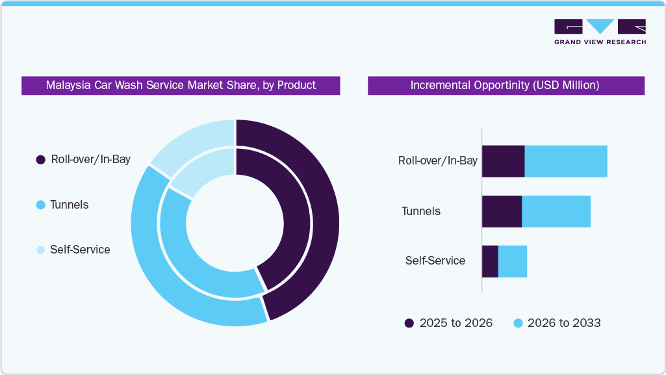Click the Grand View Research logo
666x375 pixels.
[600, 31]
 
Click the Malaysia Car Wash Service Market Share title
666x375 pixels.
[181, 85]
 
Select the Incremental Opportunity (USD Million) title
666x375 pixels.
[506, 85]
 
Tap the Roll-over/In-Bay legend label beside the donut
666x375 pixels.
[90, 159]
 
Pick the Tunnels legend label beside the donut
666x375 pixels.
[69, 205]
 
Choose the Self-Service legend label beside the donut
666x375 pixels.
[80, 250]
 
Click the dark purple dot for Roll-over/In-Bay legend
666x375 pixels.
[40, 160]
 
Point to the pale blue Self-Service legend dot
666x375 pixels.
[40, 250]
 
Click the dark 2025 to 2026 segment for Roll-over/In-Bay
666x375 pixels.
[503, 161]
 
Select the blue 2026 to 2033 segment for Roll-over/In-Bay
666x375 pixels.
[565, 161]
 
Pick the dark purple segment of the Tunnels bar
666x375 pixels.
[502, 211]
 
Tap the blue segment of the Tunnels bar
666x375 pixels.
[556, 211]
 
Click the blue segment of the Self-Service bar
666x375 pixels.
[512, 261]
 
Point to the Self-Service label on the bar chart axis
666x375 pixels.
[435, 261]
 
